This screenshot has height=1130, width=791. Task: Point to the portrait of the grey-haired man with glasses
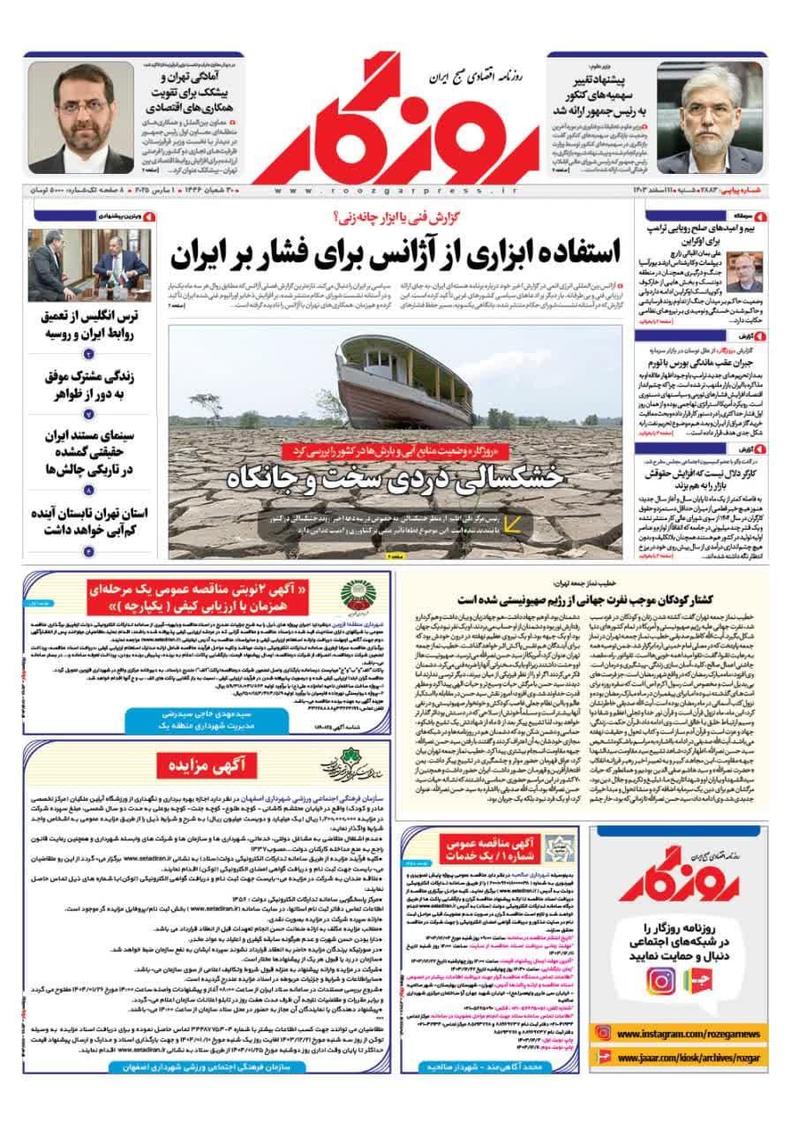tap(712, 117)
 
